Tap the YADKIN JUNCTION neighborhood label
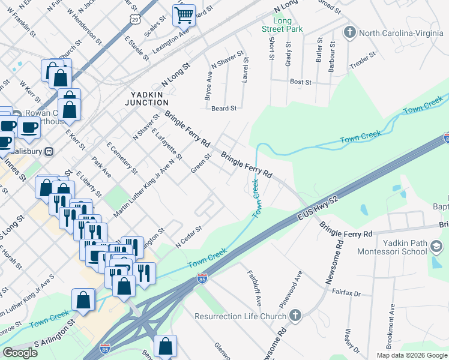[x=150, y=98]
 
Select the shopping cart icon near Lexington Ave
[x=184, y=15]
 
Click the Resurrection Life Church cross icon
[x=295, y=315]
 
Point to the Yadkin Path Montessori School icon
[x=437, y=246]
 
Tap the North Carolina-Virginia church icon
[x=349, y=33]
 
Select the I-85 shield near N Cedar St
[x=201, y=279]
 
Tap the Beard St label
[x=224, y=109]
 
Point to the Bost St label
[x=300, y=82]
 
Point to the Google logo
[x=20, y=353]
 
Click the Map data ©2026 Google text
[x=411, y=355]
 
